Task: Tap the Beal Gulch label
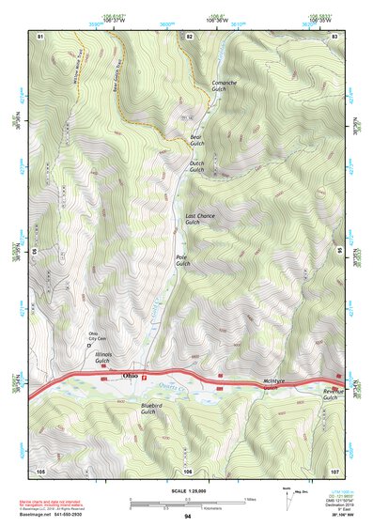[x=196, y=140]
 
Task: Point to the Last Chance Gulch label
[x=199, y=220]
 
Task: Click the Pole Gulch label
[x=182, y=259]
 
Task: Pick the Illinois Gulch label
[x=103, y=358]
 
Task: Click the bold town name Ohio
[x=132, y=377]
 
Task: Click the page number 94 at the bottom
[x=187, y=518]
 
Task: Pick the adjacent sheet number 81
[x=40, y=36]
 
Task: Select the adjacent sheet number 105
[x=40, y=470]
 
